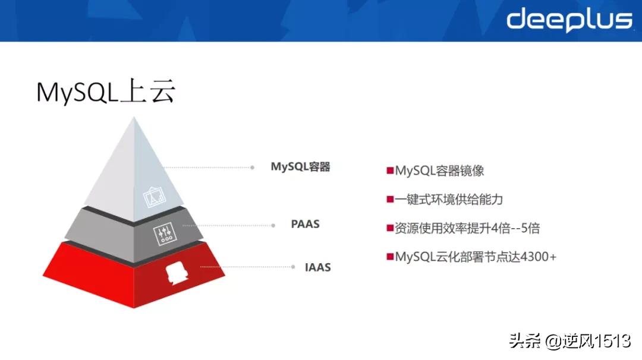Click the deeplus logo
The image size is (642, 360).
(x=569, y=20)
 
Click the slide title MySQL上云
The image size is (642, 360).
(x=106, y=93)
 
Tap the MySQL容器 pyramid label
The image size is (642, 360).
(x=300, y=167)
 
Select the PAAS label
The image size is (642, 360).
(x=305, y=224)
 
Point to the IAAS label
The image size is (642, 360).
(x=318, y=267)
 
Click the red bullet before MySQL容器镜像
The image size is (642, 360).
(x=390, y=171)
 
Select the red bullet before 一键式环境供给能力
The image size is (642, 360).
(x=390, y=199)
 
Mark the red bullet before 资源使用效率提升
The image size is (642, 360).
(x=390, y=228)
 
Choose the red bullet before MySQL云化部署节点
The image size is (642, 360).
(x=390, y=257)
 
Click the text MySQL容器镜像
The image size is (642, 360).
(x=439, y=171)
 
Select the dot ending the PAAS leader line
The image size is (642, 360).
(x=273, y=225)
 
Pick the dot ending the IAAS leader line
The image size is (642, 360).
(x=292, y=268)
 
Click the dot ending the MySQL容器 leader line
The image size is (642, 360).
(x=253, y=168)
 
